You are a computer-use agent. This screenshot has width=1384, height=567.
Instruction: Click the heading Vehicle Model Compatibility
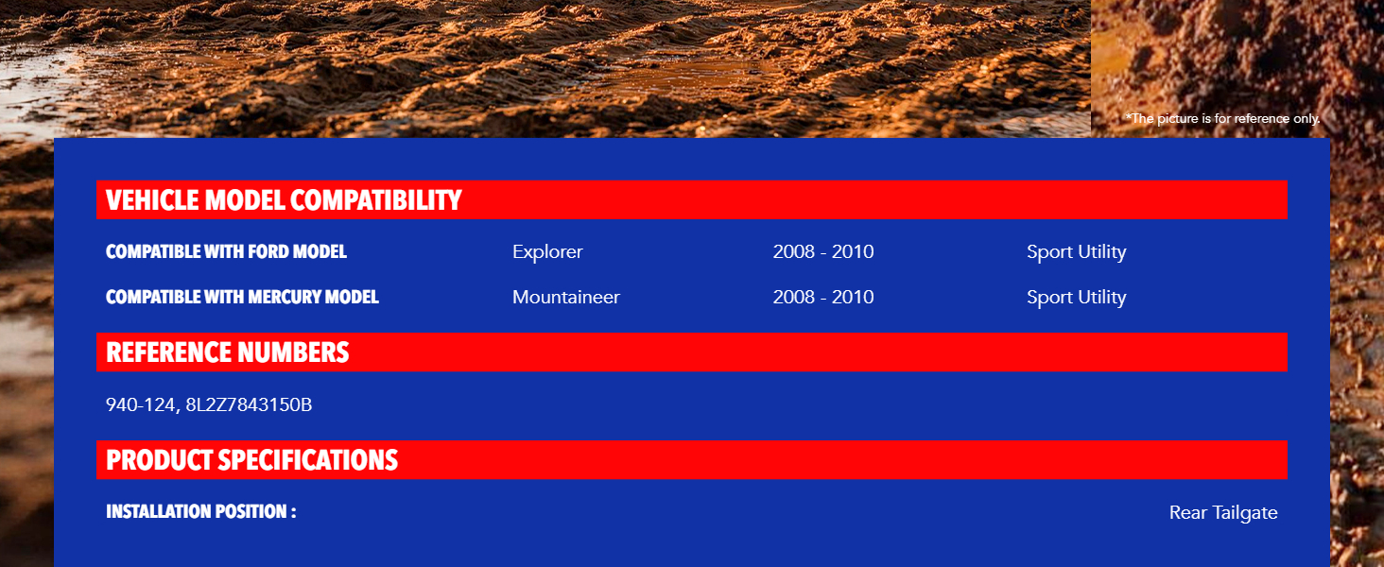tap(284, 200)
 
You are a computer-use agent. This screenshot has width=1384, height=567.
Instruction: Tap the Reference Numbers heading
tap(228, 352)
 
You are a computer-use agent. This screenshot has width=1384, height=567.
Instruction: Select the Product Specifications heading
tap(252, 460)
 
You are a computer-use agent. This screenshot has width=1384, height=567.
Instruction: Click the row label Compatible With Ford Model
tap(226, 252)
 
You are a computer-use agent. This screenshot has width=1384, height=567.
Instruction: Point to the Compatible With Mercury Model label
tap(242, 297)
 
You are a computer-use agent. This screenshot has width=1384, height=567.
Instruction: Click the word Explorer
tap(547, 252)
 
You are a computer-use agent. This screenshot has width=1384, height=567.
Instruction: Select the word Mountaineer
tap(566, 297)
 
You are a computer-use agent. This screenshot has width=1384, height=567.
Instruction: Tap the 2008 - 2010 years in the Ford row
tap(823, 252)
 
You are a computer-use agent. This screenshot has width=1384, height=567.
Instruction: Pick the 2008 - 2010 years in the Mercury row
tap(823, 297)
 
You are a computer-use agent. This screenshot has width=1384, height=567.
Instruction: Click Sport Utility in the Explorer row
tap(1077, 252)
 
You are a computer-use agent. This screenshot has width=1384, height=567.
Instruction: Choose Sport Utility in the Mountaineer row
tap(1077, 298)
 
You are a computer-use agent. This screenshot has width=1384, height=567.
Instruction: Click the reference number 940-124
tap(140, 404)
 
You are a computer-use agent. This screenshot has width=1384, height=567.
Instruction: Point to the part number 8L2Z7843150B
tap(249, 404)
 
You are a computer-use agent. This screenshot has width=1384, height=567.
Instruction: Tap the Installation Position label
tap(200, 511)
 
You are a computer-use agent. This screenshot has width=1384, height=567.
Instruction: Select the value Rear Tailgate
tap(1223, 512)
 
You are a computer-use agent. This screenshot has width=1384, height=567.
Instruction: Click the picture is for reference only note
tap(1222, 118)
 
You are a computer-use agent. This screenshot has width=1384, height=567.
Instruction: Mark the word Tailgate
tap(1245, 513)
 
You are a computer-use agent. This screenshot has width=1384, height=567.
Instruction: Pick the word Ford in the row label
tap(268, 252)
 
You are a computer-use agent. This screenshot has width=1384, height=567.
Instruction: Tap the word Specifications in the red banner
tap(307, 460)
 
